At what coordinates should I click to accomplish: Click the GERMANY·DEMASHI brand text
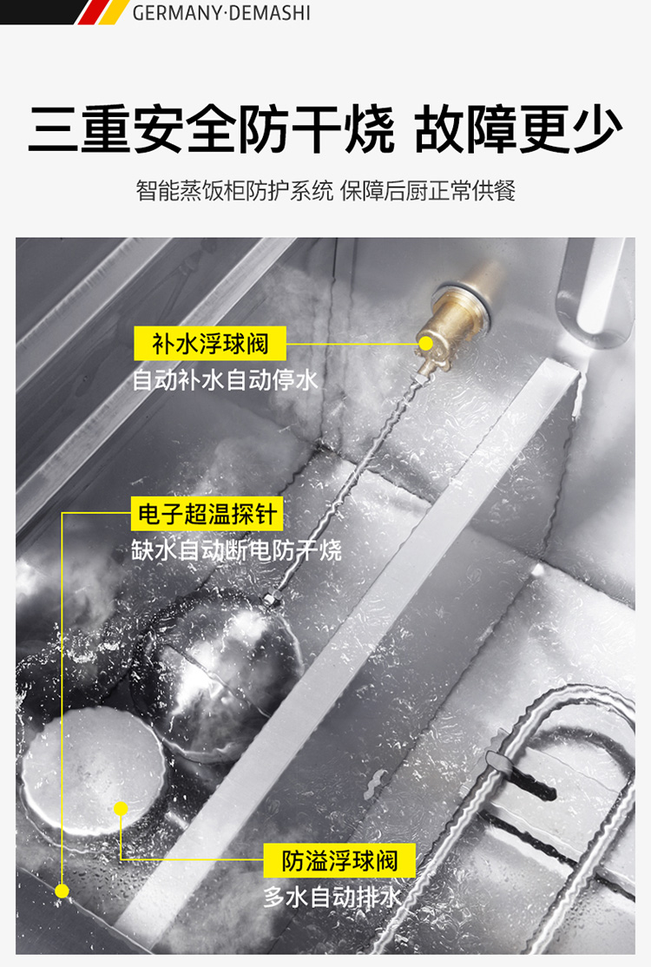point(221,12)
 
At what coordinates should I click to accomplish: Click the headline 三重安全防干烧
point(211,128)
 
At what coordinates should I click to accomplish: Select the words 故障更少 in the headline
point(518,128)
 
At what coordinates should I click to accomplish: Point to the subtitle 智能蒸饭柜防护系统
point(234,191)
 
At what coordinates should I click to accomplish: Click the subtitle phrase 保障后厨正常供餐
point(428,191)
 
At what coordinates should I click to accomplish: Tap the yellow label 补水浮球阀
point(210,344)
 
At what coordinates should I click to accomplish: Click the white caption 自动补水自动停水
point(225,380)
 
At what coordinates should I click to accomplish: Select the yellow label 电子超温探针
point(207,514)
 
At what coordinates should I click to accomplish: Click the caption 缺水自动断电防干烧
point(236,550)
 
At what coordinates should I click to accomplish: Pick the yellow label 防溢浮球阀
point(339,860)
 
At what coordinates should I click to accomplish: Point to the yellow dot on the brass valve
point(425,344)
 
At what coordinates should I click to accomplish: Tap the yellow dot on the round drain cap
point(121,808)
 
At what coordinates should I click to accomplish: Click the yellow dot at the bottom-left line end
point(62,891)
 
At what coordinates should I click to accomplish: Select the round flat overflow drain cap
point(94,771)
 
